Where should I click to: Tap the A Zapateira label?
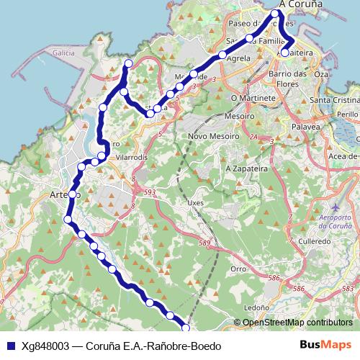(x=245, y=168)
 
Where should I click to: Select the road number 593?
(x=150, y=192)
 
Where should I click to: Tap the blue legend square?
(x=10, y=345)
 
